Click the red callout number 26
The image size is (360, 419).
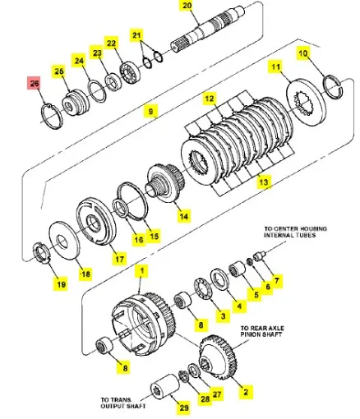(34, 84)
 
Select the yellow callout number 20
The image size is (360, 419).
(186, 6)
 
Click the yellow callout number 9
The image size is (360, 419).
(150, 109)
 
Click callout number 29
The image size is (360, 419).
(183, 407)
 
